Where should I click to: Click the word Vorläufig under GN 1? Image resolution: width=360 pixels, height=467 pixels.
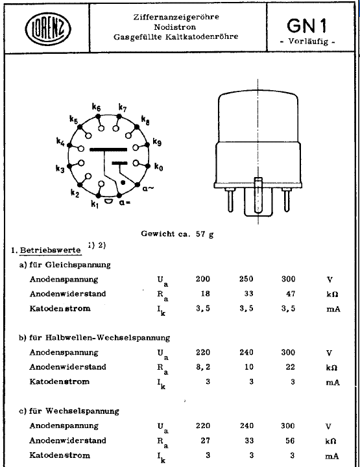click(308, 43)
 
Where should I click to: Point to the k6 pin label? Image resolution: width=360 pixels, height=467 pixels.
click(97, 108)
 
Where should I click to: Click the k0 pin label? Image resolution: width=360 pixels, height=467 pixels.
click(159, 167)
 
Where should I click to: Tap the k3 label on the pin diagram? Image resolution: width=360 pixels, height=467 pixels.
click(60, 169)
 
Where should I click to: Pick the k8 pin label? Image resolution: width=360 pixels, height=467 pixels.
click(145, 121)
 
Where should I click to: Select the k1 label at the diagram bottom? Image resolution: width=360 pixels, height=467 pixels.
click(95, 206)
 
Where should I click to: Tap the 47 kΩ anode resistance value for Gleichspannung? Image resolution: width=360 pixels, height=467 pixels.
click(288, 294)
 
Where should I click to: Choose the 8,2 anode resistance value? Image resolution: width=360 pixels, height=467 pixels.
click(204, 368)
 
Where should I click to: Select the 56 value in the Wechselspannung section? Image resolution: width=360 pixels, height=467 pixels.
click(288, 441)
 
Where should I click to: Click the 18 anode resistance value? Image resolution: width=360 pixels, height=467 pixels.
click(204, 294)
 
